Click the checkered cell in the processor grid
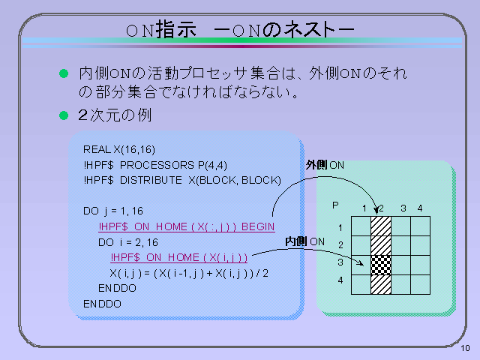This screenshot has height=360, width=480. pos(381,265)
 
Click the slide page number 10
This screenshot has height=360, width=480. pos(465,348)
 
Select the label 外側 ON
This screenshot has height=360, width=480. pos(325,165)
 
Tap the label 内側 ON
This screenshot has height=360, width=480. pos(305,241)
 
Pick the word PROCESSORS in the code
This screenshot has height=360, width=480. pos(157,165)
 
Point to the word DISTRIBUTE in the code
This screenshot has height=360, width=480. pos(151,180)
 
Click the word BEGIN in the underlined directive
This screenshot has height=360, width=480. pos(258,226)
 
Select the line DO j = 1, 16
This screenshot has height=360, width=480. pos(113,211)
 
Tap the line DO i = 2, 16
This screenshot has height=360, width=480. pos(128,243)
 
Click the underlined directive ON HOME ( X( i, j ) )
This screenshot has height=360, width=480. pos(196,258)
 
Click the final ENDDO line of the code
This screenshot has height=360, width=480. pos(102,304)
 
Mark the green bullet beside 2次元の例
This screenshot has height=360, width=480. pos(64,115)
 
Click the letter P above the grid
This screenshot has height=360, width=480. pos(335,205)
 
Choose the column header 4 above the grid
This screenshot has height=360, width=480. pos(420,208)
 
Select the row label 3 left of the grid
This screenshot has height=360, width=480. pos(340,262)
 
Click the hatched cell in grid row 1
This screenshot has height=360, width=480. pos(381,226)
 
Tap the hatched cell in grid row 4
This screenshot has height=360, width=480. pos(381,285)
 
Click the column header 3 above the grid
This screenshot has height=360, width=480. pos(403,208)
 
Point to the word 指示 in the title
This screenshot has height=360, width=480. pos(176,30)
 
